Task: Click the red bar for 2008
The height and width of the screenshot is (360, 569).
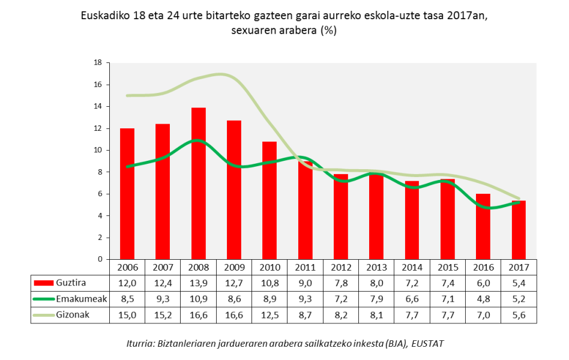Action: click(x=198, y=184)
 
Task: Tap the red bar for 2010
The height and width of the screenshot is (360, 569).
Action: click(x=269, y=200)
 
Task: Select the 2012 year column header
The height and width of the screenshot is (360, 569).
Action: click(x=341, y=266)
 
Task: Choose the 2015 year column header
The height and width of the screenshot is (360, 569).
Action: click(x=448, y=266)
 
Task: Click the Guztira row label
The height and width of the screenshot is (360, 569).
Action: click(x=71, y=283)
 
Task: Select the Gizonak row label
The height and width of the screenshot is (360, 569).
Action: click(x=73, y=315)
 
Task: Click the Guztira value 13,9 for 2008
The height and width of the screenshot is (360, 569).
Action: click(x=198, y=283)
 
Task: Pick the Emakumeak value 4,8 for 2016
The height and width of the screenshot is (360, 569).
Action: click(x=483, y=299)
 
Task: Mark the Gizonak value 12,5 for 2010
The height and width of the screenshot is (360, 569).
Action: click(x=269, y=315)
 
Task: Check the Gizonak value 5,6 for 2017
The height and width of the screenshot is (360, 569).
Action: click(x=519, y=315)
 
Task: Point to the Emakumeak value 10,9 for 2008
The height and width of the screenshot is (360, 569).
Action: click(x=198, y=299)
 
